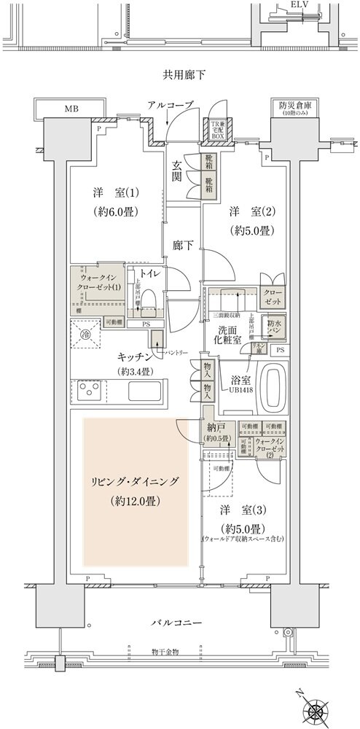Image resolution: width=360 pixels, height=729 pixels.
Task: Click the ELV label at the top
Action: tap(298, 4)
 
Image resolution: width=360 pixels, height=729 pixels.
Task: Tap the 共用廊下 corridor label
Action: tap(179, 74)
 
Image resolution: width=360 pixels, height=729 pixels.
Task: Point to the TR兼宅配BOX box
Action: tap(217, 130)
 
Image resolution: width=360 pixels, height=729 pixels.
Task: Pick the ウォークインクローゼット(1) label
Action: tap(96, 281)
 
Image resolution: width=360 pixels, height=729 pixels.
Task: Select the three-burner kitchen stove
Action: tap(90, 392)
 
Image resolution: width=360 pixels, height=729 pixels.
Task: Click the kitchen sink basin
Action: tap(148, 392)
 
